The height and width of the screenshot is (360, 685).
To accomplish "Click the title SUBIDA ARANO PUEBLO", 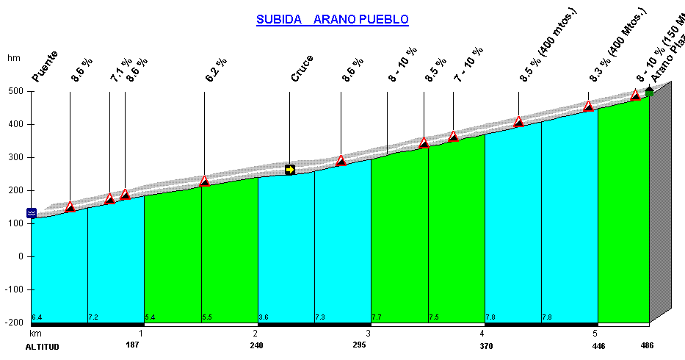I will pyautogui.click(x=332, y=20).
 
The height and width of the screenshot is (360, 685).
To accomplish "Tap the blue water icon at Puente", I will pyautogui.click(x=32, y=213).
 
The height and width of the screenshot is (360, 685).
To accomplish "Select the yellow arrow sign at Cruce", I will pyautogui.click(x=290, y=170).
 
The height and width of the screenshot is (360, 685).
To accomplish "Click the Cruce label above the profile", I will pyautogui.click(x=302, y=68).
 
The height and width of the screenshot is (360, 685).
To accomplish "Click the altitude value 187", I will pyautogui.click(x=132, y=345).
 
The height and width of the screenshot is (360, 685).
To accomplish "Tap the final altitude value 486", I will pyautogui.click(x=645, y=345).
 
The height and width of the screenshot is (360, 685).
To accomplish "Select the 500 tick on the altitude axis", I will pyautogui.click(x=15, y=91).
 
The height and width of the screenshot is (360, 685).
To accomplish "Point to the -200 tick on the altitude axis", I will pyautogui.click(x=12, y=323).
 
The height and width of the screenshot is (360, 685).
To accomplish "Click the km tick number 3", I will pyautogui.click(x=368, y=333).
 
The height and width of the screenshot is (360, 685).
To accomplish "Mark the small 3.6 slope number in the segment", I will pyautogui.click(x=264, y=317).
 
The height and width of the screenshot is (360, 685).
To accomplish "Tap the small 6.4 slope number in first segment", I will pyautogui.click(x=37, y=317).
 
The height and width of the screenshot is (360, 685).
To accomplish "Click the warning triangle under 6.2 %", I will pyautogui.click(x=204, y=181).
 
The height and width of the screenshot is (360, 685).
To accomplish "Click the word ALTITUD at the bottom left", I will pyautogui.click(x=42, y=346).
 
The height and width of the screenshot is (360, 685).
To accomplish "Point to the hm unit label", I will pyautogui.click(x=13, y=58).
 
